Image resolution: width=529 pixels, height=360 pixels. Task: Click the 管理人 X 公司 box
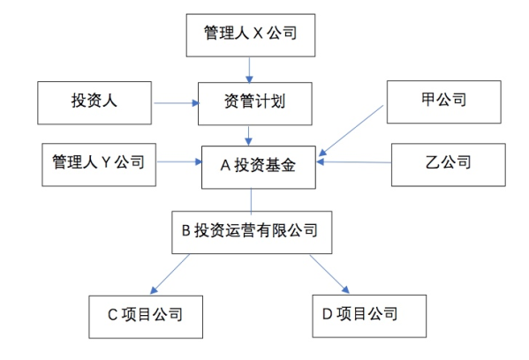click(251, 35)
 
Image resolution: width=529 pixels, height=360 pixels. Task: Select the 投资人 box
click(94, 103)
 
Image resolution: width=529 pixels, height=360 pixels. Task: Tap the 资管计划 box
click(255, 103)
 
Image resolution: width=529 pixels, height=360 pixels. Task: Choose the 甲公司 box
click(444, 101)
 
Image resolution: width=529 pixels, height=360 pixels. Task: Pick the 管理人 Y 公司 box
click(99, 164)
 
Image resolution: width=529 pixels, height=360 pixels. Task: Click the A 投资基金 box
click(259, 167)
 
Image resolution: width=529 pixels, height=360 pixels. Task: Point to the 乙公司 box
click(449, 164)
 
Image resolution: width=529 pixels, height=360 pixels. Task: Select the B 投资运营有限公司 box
click(252, 232)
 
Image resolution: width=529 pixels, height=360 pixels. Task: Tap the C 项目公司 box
click(146, 317)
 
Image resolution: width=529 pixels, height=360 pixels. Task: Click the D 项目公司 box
click(369, 316)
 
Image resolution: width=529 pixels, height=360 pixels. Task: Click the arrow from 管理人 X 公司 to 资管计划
click(249, 70)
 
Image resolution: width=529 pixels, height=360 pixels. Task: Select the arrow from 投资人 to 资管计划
click(177, 103)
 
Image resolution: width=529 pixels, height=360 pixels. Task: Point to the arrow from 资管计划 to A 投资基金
click(249, 136)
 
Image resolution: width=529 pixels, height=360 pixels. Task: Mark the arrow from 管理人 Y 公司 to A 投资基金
click(180, 161)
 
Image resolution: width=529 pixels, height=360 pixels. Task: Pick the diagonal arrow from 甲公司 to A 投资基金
click(351, 131)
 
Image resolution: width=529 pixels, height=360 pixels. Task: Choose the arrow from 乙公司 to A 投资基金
click(354, 162)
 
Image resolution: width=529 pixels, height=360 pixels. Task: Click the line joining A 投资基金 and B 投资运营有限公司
click(251, 201)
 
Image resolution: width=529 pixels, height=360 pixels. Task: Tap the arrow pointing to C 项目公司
click(170, 274)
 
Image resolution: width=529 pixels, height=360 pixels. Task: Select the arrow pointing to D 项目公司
click(329, 274)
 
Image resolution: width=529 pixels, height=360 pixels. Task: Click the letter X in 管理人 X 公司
click(258, 34)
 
